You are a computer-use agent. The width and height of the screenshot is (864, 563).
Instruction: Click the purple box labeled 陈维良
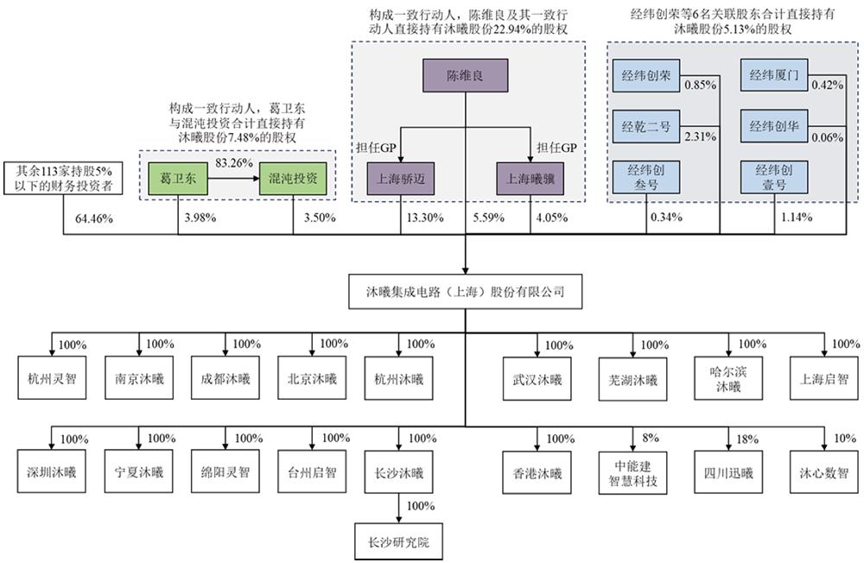pos(467,74)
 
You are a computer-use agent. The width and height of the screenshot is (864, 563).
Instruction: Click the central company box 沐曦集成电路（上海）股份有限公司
pos(467,291)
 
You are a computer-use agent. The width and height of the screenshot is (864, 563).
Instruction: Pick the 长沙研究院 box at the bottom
pos(397,543)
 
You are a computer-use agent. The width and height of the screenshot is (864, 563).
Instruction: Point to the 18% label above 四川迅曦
pos(746,440)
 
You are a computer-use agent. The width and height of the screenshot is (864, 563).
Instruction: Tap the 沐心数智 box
pos(819,473)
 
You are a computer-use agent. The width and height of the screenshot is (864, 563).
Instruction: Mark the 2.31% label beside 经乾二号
pos(696,136)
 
